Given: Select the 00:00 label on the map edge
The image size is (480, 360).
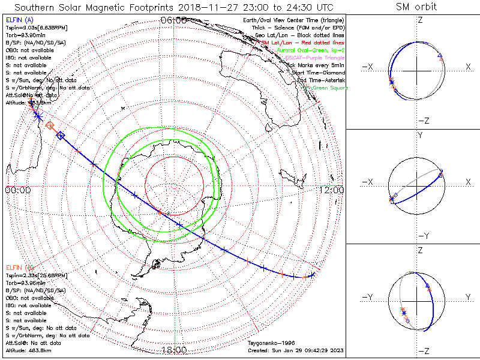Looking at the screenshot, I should [17, 190].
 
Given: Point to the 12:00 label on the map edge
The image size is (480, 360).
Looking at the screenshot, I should [332, 190].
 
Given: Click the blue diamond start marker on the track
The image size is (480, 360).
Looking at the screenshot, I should [60, 136].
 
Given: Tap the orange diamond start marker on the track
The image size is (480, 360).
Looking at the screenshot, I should [50, 125].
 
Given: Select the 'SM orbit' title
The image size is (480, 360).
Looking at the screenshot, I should [416, 7].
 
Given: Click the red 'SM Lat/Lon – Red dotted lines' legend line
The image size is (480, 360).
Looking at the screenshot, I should [303, 43].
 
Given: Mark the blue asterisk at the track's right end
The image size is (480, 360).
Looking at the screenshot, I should [312, 275].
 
